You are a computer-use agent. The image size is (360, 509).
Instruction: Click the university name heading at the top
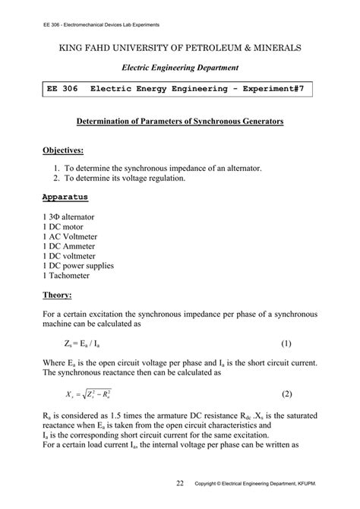click(x=180, y=48)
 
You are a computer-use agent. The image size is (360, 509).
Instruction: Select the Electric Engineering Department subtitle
click(x=180, y=68)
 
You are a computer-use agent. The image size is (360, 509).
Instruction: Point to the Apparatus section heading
click(x=66, y=197)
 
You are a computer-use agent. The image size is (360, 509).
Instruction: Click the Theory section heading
click(x=58, y=294)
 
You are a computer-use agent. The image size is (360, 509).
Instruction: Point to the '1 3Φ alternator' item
click(x=70, y=217)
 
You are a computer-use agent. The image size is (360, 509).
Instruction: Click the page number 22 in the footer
click(x=179, y=482)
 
